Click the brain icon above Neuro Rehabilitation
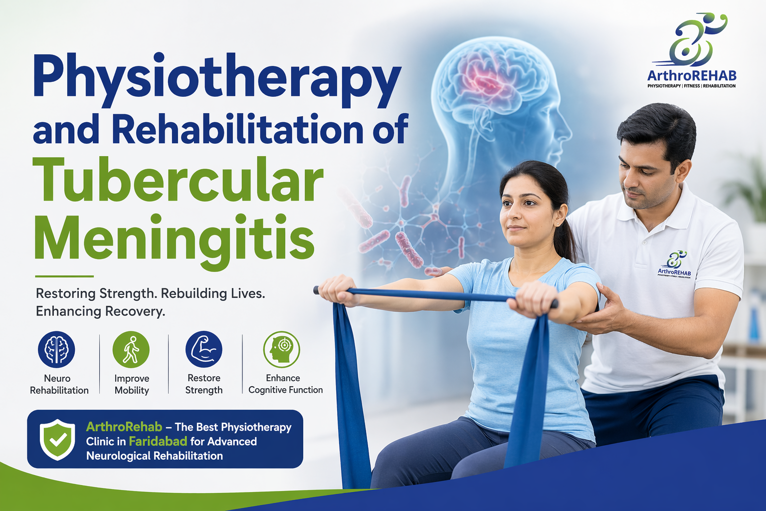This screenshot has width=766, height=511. click(56, 349)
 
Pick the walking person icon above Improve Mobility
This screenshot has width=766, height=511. click(131, 349)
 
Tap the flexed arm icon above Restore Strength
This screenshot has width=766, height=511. click(203, 349)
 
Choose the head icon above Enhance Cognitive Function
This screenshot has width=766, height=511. click(281, 349)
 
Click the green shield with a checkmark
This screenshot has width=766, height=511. click(57, 439)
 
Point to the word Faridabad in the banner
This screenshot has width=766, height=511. click(158, 441)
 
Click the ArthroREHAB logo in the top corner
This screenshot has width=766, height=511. click(692, 50)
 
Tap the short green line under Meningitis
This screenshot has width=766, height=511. click(64, 276)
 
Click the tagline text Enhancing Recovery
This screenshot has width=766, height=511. click(100, 311)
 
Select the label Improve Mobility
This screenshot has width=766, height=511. click(132, 384)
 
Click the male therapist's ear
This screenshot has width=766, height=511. click(682, 170)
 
